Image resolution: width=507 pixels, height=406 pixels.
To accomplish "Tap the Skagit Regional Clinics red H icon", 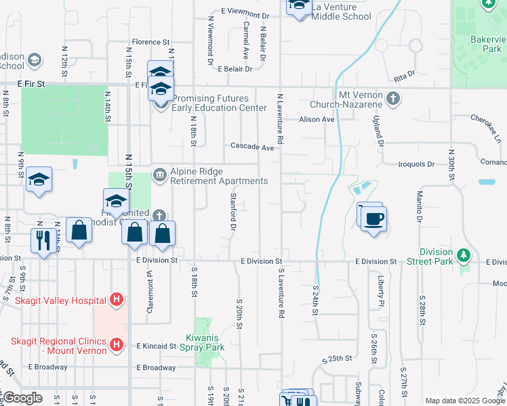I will click(x=117, y=345).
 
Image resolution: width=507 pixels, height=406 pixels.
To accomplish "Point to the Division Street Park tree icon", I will click(x=464, y=256).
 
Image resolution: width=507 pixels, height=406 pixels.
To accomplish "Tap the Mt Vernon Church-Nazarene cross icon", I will click(x=392, y=99).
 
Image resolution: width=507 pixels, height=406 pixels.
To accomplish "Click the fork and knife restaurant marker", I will click(x=44, y=240).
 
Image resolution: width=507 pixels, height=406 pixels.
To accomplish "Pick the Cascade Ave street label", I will click(x=252, y=147).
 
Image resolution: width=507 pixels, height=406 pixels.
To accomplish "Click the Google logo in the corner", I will click(x=23, y=398).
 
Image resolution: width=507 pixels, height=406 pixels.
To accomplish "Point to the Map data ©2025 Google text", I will click(x=464, y=401).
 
